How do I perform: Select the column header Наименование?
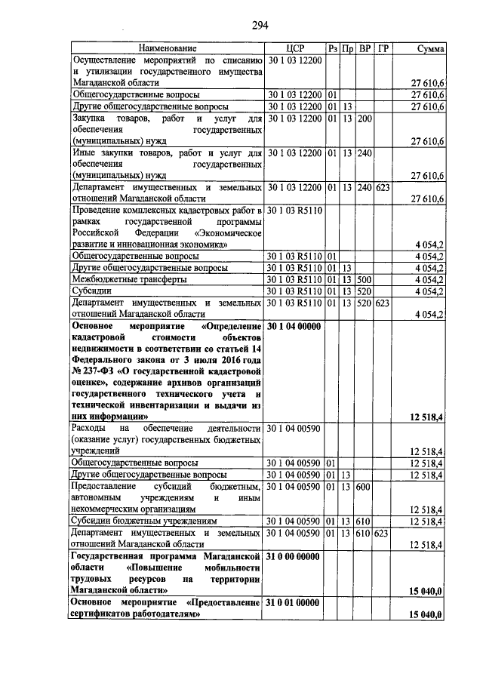[167, 49]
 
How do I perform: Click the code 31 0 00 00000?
[295, 555]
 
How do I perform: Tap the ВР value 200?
[365, 118]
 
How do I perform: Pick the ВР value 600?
[365, 487]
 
